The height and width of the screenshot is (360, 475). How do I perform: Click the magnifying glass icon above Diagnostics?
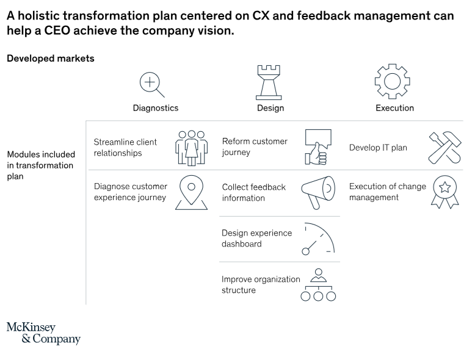tap(150, 82)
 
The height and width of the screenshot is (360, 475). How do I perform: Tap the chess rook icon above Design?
tap(269, 82)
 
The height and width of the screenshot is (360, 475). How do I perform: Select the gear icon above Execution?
tap(393, 81)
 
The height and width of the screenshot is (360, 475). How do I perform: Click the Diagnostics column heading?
tap(156, 108)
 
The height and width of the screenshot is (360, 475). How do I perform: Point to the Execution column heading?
tap(395, 108)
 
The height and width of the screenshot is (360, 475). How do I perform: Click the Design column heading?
tap(270, 108)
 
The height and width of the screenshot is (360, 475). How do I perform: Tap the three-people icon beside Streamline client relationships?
tap(192, 148)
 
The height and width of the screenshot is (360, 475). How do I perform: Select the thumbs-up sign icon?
tap(318, 147)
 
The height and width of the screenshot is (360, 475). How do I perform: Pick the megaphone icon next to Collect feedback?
tap(318, 193)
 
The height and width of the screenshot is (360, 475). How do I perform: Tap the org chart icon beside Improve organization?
tap(318, 285)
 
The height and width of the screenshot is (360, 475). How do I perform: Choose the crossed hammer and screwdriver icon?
tap(444, 148)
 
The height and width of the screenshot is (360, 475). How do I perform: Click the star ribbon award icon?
tap(444, 192)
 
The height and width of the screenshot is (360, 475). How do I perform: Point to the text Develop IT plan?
tap(378, 148)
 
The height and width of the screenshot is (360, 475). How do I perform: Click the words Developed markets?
tap(51, 59)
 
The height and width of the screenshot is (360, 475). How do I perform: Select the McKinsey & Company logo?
tap(43, 333)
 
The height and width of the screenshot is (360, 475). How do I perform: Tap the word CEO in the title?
tap(57, 31)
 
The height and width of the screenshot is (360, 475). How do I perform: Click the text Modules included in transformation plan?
tap(41, 165)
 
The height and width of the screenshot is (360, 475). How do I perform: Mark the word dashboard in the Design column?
tap(241, 244)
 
